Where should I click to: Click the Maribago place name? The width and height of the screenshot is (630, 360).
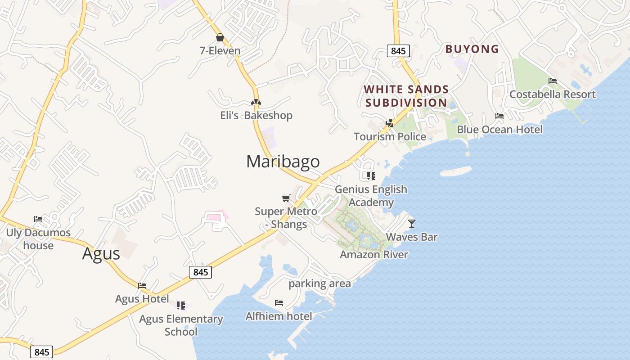(x=283, y=162)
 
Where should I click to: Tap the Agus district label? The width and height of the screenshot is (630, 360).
(x=101, y=254)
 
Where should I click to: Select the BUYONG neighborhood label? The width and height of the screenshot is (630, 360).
(x=472, y=49)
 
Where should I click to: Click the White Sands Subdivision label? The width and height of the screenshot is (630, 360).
(x=406, y=96)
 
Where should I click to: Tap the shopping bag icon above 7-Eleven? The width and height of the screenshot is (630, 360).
(x=220, y=37)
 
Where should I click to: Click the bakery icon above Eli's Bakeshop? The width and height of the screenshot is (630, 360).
(x=256, y=102)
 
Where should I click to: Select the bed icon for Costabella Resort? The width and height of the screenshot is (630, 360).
(x=553, y=81)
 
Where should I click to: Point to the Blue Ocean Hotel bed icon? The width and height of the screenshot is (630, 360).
(x=499, y=116)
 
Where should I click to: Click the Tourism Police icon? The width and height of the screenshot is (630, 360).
(x=390, y=123)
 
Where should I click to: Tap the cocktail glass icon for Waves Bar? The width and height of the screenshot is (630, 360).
(x=411, y=223)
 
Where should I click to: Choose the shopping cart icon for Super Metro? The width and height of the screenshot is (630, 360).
(x=286, y=198)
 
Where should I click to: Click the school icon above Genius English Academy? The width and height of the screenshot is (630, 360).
(x=371, y=176)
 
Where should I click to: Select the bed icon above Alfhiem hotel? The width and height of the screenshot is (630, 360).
(x=279, y=303)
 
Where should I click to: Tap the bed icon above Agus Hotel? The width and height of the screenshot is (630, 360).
(x=142, y=285)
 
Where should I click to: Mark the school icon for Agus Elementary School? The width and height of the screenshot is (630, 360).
(x=181, y=306)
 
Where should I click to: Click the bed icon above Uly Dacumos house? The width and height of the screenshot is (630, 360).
(x=38, y=219)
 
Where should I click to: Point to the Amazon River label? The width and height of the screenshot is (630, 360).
(x=373, y=255)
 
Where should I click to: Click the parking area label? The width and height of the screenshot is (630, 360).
(x=319, y=283)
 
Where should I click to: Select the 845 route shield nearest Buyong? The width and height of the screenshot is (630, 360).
(x=398, y=51)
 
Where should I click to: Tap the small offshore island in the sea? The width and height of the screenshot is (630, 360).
(x=455, y=171)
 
